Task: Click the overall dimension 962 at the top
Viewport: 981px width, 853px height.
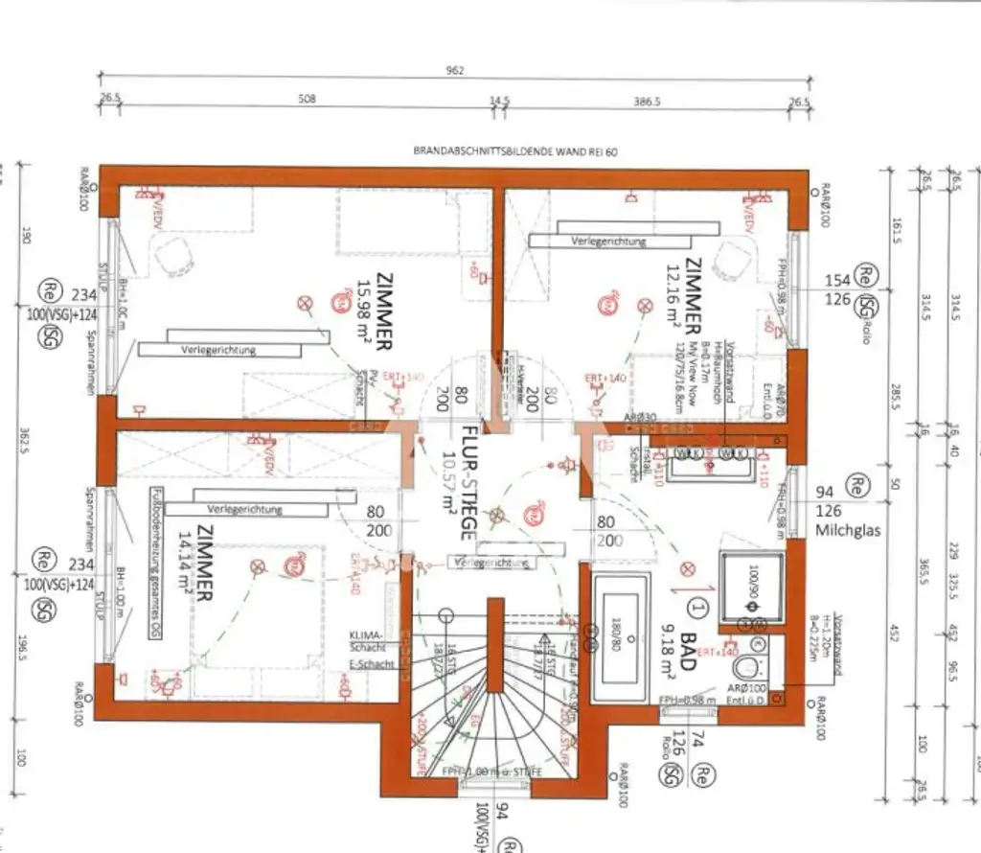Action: point(455,69)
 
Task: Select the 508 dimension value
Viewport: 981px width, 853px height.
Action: point(307,98)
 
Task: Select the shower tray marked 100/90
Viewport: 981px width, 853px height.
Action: point(750,584)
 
